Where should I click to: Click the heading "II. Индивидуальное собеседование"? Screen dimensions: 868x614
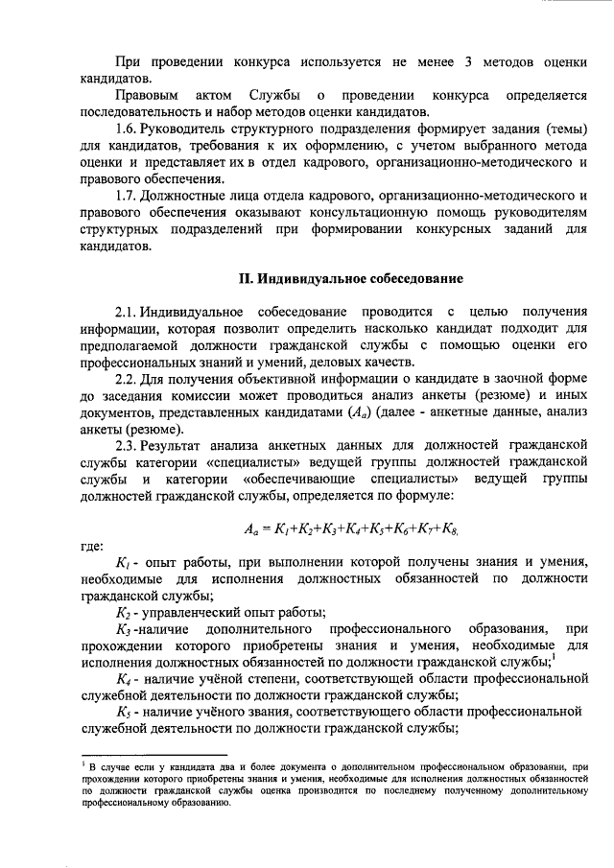350,279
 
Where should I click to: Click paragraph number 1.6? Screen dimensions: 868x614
127,129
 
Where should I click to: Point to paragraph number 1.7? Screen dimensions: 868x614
127,197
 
